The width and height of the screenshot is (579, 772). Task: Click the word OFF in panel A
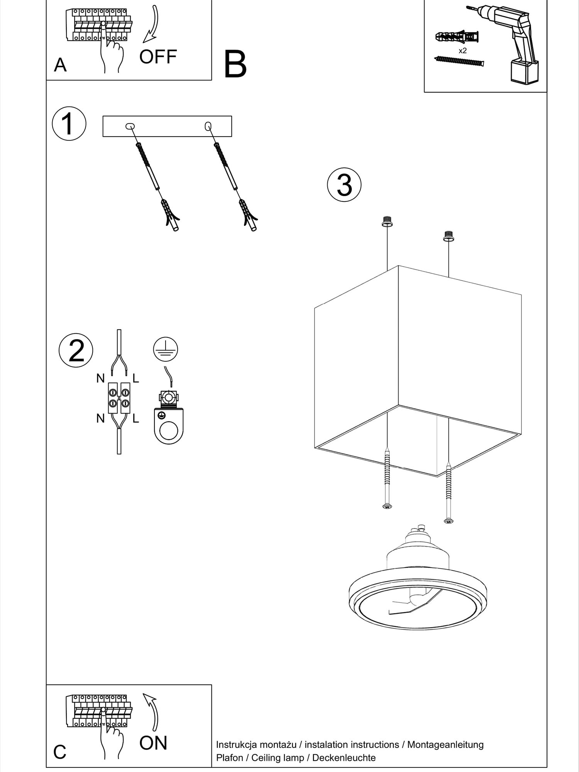(x=158, y=57)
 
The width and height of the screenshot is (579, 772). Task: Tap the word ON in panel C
(x=153, y=743)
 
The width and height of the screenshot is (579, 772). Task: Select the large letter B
(x=235, y=64)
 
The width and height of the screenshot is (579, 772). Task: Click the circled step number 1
(x=69, y=124)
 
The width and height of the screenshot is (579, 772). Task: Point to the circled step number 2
(x=76, y=350)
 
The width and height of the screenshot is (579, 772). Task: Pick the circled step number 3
(x=344, y=185)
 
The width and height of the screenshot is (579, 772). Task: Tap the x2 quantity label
(x=462, y=51)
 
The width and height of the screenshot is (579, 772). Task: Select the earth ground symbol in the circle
(x=165, y=349)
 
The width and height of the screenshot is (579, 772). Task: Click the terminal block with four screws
(x=119, y=398)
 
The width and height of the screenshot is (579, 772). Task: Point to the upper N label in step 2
(x=100, y=378)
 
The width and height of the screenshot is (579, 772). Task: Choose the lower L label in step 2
(x=135, y=418)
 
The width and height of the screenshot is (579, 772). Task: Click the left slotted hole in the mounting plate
(x=130, y=126)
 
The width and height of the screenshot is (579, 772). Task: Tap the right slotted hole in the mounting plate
(x=208, y=126)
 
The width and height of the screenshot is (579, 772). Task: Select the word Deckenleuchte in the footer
(x=344, y=758)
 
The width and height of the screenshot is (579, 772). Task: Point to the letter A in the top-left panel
(x=60, y=65)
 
